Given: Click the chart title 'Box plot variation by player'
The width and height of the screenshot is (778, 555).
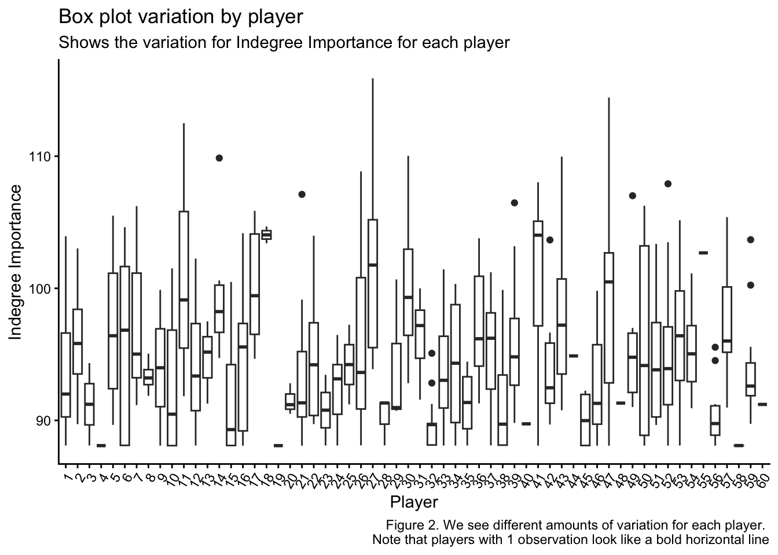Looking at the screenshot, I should click(x=181, y=17).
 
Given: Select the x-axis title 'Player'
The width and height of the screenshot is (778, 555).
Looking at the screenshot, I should click(x=413, y=501).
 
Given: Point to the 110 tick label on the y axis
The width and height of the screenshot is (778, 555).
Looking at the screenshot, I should click(x=40, y=157).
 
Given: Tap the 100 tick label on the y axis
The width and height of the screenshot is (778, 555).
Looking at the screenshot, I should click(x=40, y=288).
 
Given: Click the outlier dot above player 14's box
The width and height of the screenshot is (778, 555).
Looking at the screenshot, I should click(x=219, y=158).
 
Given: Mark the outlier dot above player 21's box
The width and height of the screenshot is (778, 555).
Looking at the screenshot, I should click(x=302, y=194).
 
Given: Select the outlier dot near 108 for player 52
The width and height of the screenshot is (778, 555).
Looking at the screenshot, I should click(x=667, y=184).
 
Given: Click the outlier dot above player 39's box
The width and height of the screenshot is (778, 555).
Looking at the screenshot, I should click(x=514, y=202).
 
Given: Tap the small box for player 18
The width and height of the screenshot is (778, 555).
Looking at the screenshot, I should click(x=266, y=234).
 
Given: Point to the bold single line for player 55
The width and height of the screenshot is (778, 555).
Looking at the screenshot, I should click(x=703, y=253).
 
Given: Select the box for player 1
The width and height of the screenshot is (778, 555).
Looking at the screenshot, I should click(x=65, y=375).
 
